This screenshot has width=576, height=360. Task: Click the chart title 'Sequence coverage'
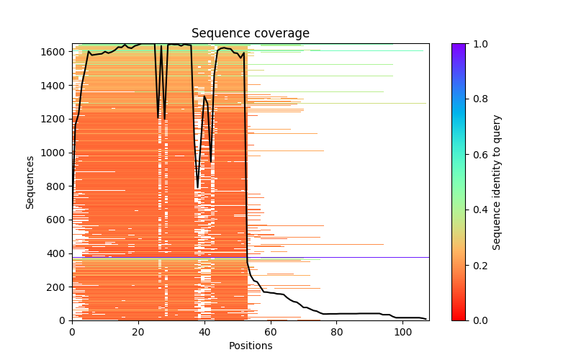coord(251,34)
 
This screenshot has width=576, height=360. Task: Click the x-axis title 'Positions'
coord(251,346)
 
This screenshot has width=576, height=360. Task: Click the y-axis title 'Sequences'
coord(30,181)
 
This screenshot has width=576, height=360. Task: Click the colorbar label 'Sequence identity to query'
coord(497,181)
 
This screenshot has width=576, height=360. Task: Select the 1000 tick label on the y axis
coord(55,153)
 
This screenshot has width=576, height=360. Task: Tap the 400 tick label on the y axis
coord(58,253)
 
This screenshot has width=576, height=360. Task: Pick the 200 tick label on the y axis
coord(58,287)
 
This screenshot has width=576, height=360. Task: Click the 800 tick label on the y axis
coord(58,186)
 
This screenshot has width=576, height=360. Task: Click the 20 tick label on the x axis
coord(138,332)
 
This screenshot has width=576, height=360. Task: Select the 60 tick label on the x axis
coord(271,332)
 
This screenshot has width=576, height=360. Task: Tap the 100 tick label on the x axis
coord(403,332)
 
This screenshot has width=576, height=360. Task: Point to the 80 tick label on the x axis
coord(337,332)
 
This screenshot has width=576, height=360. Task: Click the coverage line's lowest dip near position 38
coord(198,187)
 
